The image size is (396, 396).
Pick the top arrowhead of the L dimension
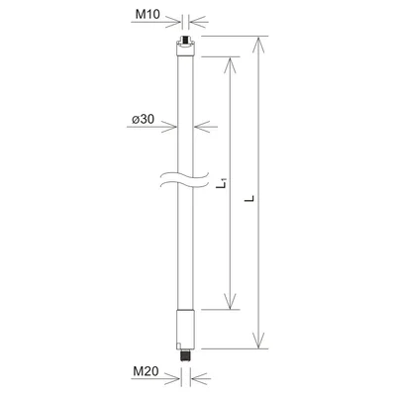[260, 42]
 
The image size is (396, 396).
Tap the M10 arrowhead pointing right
[177, 21]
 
